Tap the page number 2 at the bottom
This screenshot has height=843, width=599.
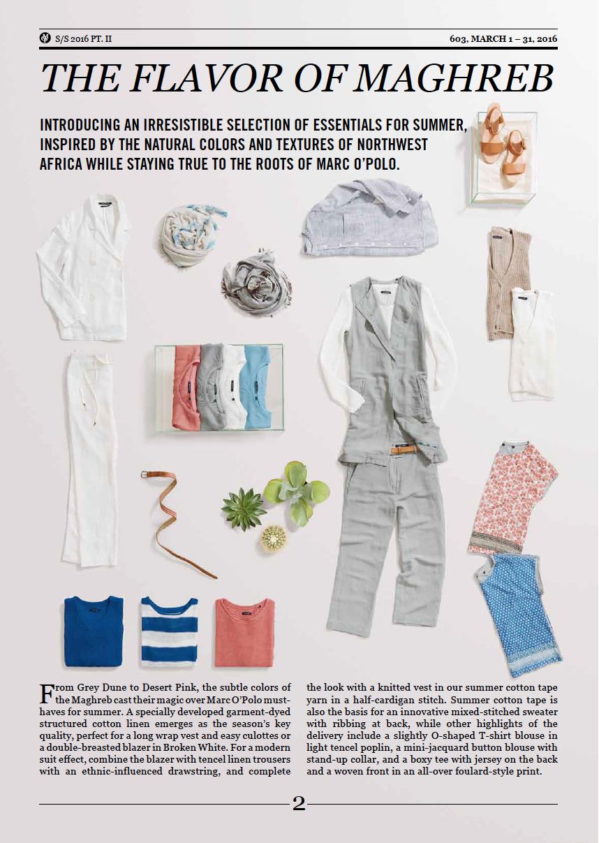(x=299, y=804)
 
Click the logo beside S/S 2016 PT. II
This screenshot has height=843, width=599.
(x=45, y=38)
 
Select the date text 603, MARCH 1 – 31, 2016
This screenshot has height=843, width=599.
(x=503, y=38)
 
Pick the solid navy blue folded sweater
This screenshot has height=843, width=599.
(x=93, y=631)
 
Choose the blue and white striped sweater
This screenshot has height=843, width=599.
(x=170, y=631)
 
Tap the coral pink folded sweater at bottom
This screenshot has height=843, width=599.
(x=244, y=632)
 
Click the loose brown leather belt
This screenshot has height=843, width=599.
(x=170, y=517)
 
